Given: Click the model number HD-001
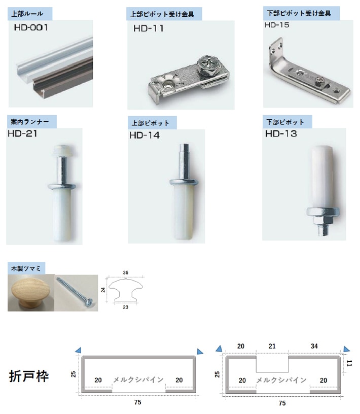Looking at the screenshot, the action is [x=31, y=27].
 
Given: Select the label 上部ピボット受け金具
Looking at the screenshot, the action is [x=162, y=14].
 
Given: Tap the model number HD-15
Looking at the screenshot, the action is [x=277, y=25].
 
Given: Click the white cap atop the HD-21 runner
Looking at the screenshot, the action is [x=63, y=150].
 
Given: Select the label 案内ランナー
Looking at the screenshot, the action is [x=30, y=122].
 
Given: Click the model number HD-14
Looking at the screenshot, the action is [x=145, y=135].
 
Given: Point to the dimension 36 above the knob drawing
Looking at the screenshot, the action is [x=126, y=272].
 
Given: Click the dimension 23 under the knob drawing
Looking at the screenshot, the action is [x=126, y=307].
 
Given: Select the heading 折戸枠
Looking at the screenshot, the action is [x=29, y=376].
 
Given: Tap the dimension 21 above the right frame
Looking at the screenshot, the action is [x=272, y=346].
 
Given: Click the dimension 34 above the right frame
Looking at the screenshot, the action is [x=314, y=346].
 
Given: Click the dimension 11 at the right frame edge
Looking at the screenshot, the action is [x=349, y=363].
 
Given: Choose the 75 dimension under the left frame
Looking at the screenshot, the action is [x=137, y=402].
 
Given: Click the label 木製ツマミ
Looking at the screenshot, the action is [x=26, y=268].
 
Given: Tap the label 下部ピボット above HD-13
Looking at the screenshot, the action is [x=285, y=122].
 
